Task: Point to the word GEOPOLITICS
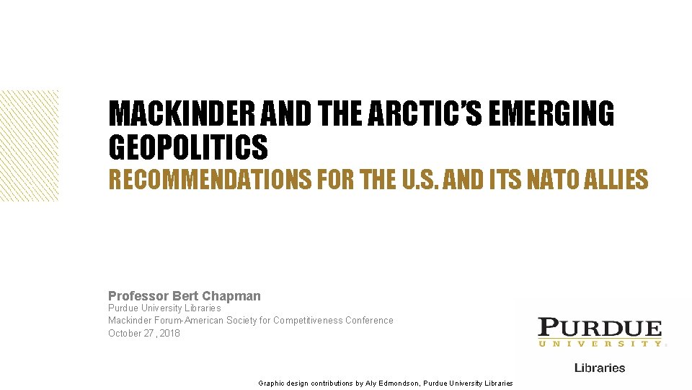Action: click(x=187, y=147)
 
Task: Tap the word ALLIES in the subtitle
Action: click(x=622, y=179)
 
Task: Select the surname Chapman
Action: click(x=232, y=296)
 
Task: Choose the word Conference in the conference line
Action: click(x=370, y=321)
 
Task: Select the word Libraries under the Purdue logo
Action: click(x=600, y=368)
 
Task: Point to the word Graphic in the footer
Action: click(x=273, y=383)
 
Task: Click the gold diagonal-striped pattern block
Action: click(x=30, y=144)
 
